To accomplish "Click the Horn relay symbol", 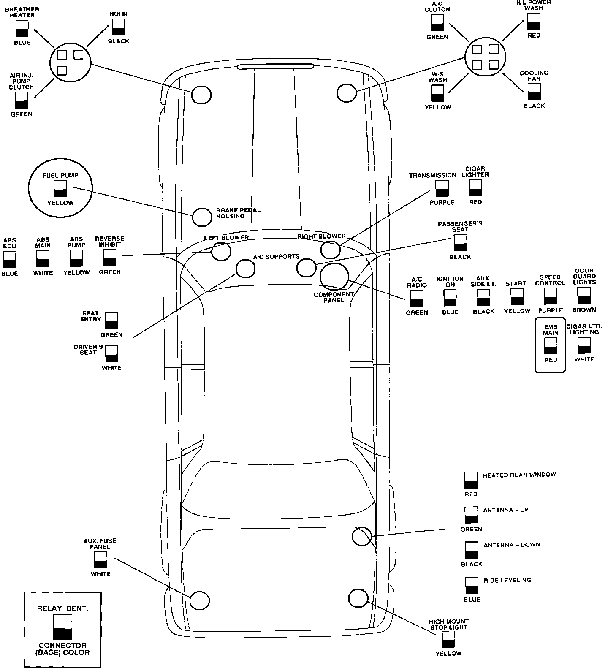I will tap(118, 27).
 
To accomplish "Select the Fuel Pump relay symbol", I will tap(61, 189).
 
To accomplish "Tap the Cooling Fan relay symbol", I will tap(534, 92).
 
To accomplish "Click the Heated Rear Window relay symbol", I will tap(471, 481).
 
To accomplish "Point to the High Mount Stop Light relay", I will tap(448, 639).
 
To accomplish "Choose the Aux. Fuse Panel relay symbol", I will tap(100, 560).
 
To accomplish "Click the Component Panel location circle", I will tap(334, 277).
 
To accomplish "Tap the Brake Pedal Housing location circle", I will tap(202, 217).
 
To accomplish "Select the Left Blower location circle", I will tap(221, 252).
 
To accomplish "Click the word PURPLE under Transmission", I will tap(442, 203).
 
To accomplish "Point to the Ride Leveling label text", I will tap(507, 580).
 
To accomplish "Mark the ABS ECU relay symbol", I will tap(9, 259).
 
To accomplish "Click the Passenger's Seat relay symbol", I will tap(460, 243).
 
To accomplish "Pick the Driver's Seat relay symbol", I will tap(112, 354).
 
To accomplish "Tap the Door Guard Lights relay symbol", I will tap(584, 296).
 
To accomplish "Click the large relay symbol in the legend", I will tap(62, 627).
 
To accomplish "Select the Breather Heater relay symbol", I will tap(22, 29).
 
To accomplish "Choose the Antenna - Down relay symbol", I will tap(471, 550).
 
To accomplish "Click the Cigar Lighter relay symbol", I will tap(475, 188).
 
